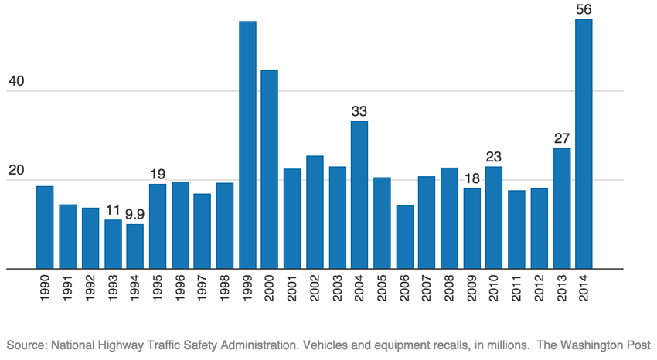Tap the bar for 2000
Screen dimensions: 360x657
pyautogui.click(x=270, y=170)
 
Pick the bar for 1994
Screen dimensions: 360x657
pyautogui.click(x=135, y=246)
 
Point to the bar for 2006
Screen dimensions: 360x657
pyautogui.click(x=404, y=237)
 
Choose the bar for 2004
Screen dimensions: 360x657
pyautogui.click(x=359, y=195)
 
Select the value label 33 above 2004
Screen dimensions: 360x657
pyautogui.click(x=359, y=110)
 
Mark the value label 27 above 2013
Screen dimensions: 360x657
pyautogui.click(x=561, y=138)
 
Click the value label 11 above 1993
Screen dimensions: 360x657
pyautogui.click(x=113, y=209)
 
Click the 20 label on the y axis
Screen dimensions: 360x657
pyautogui.click(x=16, y=170)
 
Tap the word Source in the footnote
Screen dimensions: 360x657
pyautogui.click(x=25, y=344)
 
